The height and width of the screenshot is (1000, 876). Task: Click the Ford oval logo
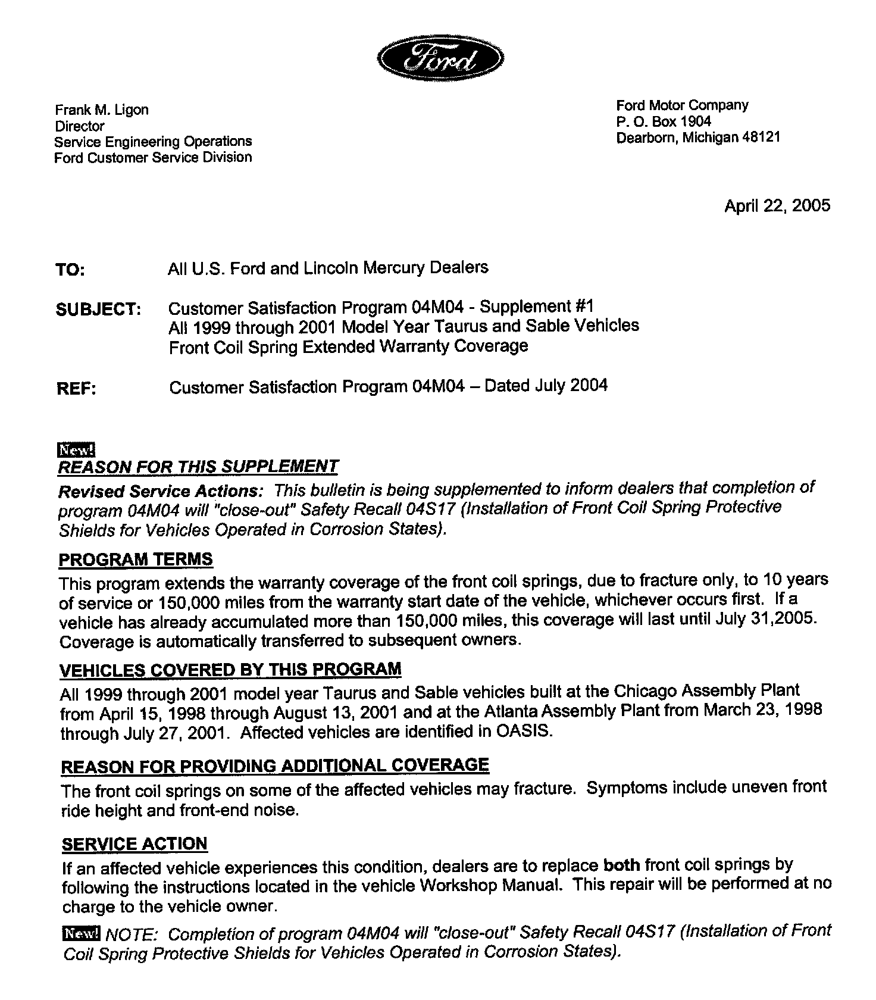441,58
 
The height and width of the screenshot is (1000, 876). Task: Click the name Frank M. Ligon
102,110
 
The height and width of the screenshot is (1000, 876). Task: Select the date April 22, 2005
777,206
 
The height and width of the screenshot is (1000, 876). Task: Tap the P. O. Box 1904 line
664,121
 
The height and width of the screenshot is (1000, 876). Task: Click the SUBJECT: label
98,310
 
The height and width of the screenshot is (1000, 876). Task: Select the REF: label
76,389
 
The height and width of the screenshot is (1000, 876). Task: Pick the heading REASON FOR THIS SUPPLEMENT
198,467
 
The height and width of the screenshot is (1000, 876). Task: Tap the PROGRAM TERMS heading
136,560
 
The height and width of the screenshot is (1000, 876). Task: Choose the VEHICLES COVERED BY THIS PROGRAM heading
230,670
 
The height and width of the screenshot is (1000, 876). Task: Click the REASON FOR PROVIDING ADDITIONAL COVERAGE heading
275,766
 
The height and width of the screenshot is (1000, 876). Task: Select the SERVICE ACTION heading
134,844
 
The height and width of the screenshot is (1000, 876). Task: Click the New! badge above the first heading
76,449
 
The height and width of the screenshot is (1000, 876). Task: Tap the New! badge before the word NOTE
82,933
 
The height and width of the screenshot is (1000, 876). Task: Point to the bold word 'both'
621,865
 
